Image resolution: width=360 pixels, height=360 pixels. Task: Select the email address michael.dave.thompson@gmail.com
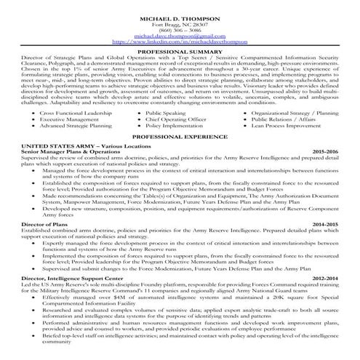pos(180,33)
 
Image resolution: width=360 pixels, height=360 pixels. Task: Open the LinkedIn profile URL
pos(180,41)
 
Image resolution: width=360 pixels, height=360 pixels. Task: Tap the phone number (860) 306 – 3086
pos(180,27)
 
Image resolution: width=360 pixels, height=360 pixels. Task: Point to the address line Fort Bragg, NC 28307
pos(180,20)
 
